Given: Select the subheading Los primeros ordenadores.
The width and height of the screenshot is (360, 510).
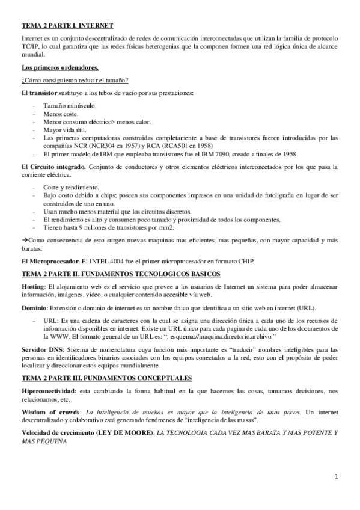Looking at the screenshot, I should pyautogui.click(x=60, y=67).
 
